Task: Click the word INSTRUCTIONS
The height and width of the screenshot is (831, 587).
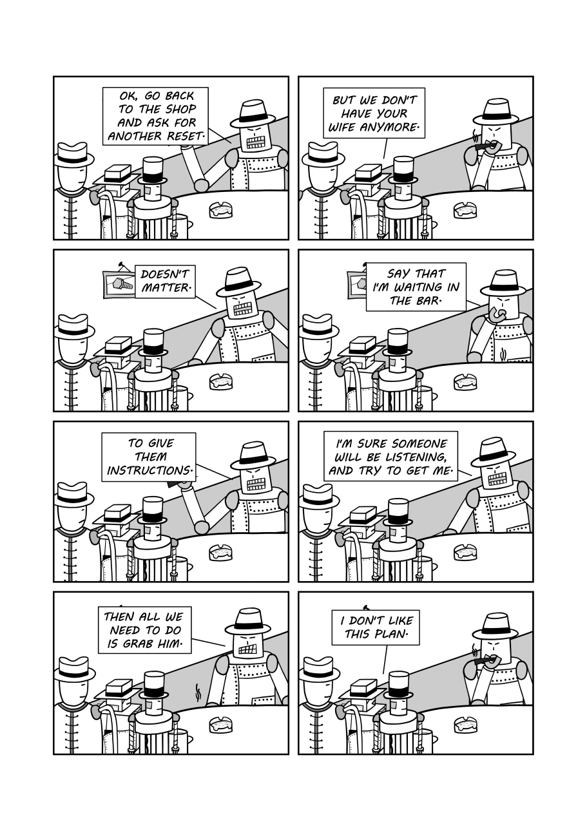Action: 149,471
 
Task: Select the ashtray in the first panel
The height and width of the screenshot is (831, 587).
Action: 220,210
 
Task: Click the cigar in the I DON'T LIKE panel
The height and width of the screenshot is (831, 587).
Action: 481,662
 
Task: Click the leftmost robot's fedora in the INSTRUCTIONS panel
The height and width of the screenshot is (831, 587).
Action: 73,495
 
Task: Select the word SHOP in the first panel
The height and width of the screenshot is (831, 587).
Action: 180,110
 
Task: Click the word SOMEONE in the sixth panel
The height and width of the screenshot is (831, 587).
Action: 419,443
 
